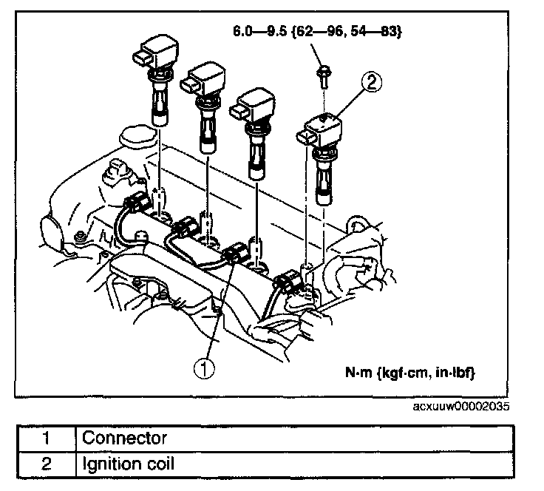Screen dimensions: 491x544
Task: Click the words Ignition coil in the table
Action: click(x=128, y=464)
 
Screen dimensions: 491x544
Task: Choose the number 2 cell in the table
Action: click(x=46, y=464)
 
